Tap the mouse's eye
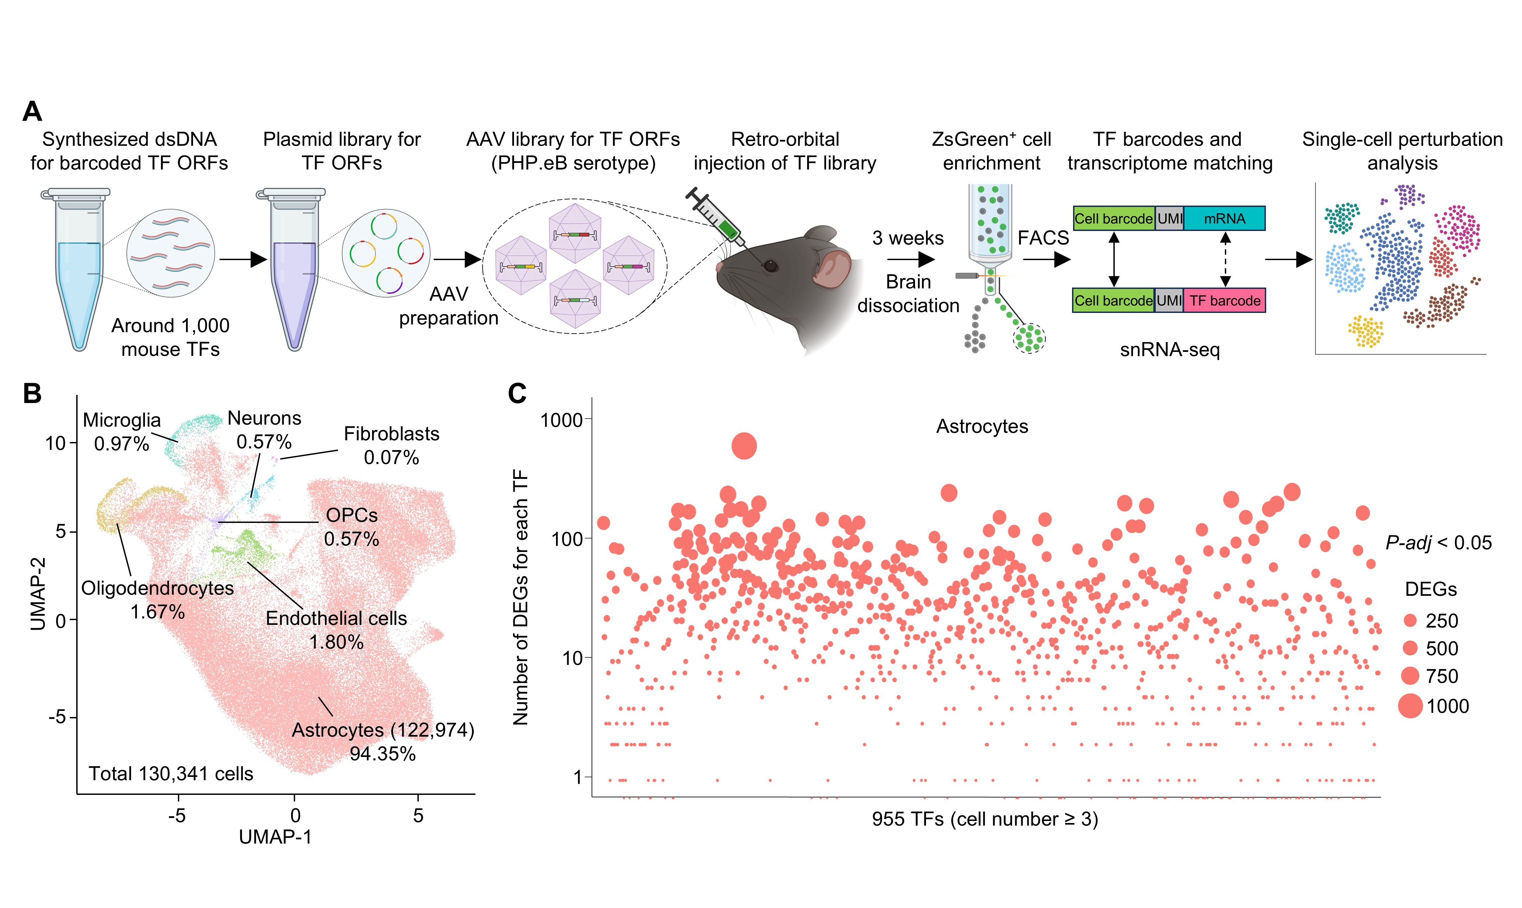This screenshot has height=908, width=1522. click(770, 266)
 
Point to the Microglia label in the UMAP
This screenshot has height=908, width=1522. click(122, 420)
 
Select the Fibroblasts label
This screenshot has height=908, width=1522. click(392, 434)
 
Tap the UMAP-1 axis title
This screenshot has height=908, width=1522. click(275, 837)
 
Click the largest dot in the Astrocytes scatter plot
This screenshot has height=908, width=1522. click(744, 446)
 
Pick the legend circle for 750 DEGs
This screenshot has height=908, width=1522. click(1410, 675)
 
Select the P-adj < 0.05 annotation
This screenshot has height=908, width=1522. click(1438, 542)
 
